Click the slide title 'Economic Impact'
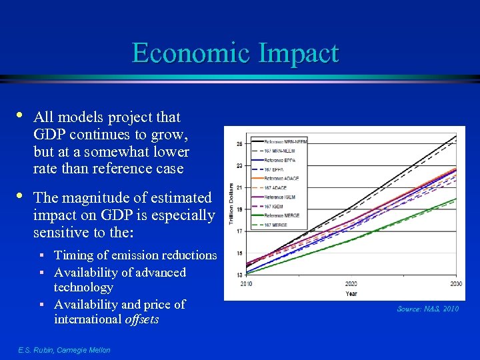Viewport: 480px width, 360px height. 235,53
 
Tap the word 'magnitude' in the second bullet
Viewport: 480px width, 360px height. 94,198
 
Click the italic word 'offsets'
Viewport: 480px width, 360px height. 142,319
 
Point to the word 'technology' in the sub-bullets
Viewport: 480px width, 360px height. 83,287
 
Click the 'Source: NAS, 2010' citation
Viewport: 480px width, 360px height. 427,309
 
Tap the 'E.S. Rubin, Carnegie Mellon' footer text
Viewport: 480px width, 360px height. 64,350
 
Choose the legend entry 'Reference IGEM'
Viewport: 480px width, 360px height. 281,197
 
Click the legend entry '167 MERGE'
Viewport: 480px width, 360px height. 277,225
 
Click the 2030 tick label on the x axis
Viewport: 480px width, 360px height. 456,283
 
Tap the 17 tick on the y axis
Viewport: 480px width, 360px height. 239,231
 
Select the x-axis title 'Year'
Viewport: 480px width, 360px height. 351,293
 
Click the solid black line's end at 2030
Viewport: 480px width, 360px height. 456,136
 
